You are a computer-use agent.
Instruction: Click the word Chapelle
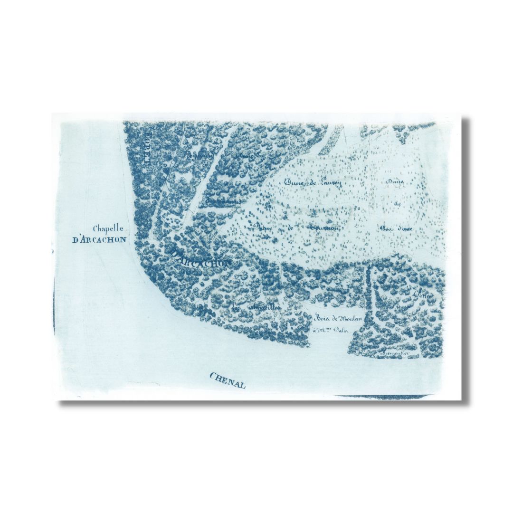click(x=108, y=228)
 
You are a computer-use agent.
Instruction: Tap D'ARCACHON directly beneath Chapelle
click(x=99, y=239)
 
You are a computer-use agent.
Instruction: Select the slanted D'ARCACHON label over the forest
click(x=202, y=258)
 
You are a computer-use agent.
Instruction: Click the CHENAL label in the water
click(x=228, y=380)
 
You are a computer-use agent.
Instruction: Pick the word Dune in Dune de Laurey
click(x=294, y=181)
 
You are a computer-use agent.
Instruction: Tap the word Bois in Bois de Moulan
click(x=322, y=318)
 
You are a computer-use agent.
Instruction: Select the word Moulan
click(x=351, y=318)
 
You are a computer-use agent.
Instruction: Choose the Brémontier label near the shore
click(x=395, y=354)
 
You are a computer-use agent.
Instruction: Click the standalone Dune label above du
click(x=395, y=182)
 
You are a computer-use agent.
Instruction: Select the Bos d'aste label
click(x=396, y=228)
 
